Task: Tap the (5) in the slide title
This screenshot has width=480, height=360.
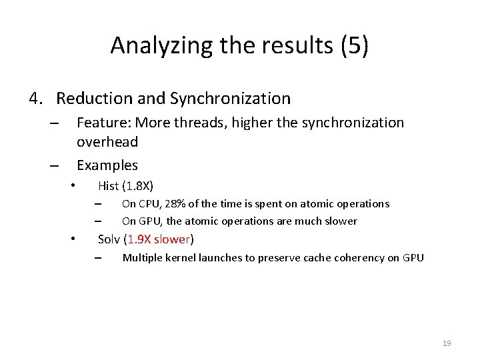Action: tap(354, 45)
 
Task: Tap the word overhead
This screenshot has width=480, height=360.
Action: tap(107, 141)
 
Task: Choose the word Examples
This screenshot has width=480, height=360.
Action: tap(107, 165)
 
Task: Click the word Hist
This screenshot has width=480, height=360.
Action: tap(108, 186)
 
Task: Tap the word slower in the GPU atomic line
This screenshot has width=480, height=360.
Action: tap(341, 221)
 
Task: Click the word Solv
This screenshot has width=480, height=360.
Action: tap(109, 239)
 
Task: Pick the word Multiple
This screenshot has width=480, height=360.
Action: tap(143, 258)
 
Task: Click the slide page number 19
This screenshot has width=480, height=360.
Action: tap(447, 343)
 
